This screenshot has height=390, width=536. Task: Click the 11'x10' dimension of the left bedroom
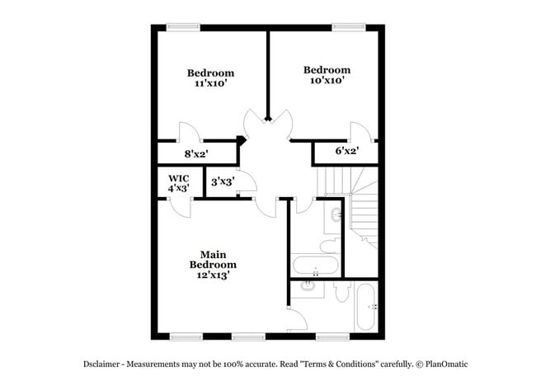pos(209,84)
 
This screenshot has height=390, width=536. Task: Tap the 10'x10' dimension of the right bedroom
pos(327,81)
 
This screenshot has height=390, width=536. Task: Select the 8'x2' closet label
pos(196,153)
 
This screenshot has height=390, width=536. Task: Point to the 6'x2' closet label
pos(346,151)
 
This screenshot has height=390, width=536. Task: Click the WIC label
pos(179,177)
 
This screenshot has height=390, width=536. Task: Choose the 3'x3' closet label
pos(223,182)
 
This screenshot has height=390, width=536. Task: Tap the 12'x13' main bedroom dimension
pos(212,276)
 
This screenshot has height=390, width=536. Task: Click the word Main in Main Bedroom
pos(213,254)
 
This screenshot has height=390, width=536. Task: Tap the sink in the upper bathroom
pos(336,215)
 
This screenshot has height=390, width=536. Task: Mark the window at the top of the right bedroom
pos(349,27)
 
